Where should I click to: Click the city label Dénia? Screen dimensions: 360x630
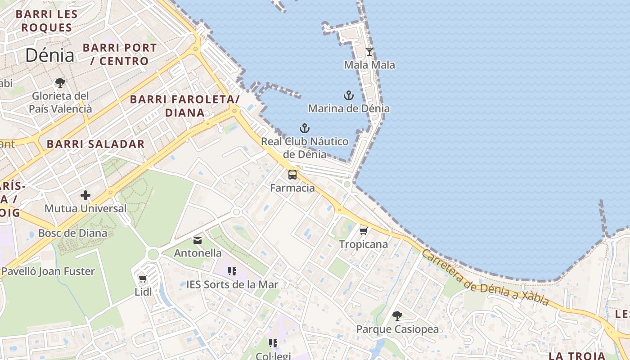[49, 55]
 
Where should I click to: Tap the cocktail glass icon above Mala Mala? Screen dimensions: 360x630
[369, 52]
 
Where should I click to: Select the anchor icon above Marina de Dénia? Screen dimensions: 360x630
[349, 95]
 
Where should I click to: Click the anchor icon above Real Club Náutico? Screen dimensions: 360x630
[305, 128]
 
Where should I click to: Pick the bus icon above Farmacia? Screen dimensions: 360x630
[292, 175]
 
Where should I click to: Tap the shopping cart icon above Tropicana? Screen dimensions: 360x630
[364, 231]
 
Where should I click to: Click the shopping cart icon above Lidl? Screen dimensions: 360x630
[143, 279]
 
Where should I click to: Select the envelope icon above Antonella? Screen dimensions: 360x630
[198, 240]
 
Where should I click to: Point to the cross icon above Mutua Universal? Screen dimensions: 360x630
[85, 195]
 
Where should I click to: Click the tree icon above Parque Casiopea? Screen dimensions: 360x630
[397, 316]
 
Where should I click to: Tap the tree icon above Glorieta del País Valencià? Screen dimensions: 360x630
[60, 83]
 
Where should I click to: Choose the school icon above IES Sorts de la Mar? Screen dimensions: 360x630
[232, 271]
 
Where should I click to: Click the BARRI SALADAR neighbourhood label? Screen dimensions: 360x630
[96, 144]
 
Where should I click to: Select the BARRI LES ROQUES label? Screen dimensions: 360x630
[47, 21]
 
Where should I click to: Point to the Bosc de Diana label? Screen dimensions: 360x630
[73, 233]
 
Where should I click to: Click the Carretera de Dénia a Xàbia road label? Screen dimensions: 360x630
[485, 277]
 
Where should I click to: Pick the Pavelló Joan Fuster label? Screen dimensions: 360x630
[48, 271]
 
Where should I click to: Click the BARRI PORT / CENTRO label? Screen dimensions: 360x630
[120, 54]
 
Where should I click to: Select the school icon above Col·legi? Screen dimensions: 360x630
[273, 343]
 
